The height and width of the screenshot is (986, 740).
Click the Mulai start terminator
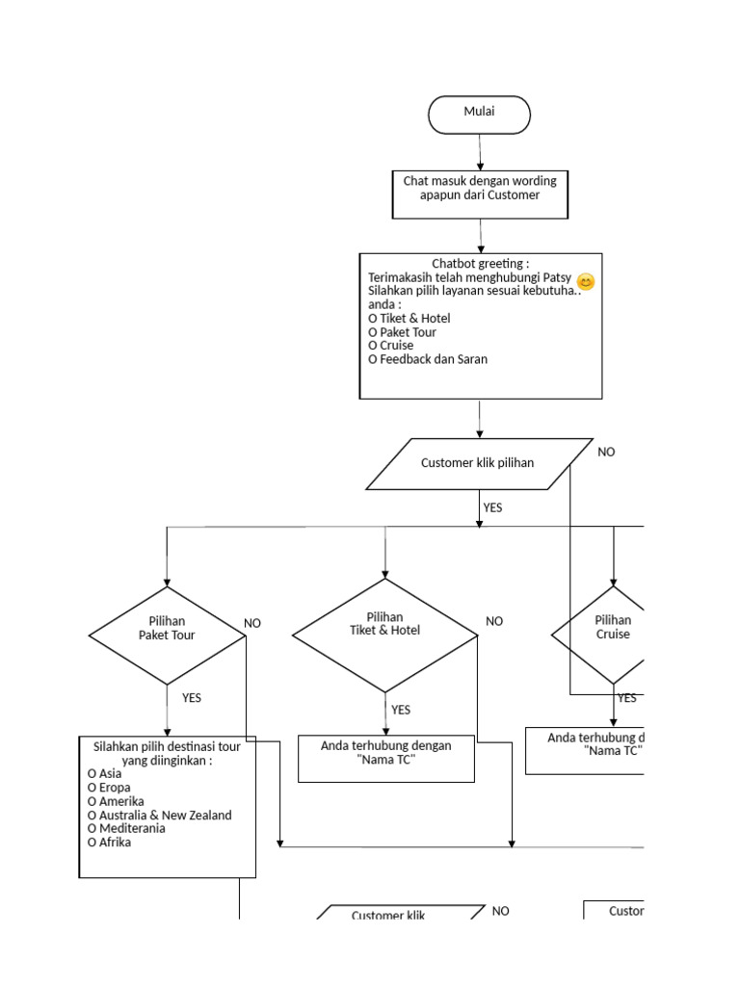[x=479, y=115]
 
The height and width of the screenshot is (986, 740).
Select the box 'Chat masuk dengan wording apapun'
[x=480, y=195]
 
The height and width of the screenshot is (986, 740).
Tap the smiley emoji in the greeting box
[x=586, y=282]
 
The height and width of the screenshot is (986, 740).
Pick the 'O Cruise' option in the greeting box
[x=391, y=346]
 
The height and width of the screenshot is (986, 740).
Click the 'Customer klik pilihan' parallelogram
[x=479, y=463]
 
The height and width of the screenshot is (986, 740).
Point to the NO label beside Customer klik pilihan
[x=606, y=452]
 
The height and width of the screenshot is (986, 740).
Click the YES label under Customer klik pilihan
[x=492, y=507]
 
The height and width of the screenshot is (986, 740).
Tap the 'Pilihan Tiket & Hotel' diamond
[x=384, y=635]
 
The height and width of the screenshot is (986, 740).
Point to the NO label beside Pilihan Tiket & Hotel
[x=494, y=622]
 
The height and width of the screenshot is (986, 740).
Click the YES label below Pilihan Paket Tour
[x=192, y=698]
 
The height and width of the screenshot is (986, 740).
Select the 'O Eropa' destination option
[x=109, y=788]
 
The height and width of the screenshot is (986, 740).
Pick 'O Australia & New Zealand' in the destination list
[x=159, y=816]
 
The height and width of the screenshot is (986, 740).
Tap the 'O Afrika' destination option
[x=109, y=843]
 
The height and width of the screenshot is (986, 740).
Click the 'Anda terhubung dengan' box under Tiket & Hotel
[x=385, y=760]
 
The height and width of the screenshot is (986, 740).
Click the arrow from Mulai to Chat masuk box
[x=480, y=152]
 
